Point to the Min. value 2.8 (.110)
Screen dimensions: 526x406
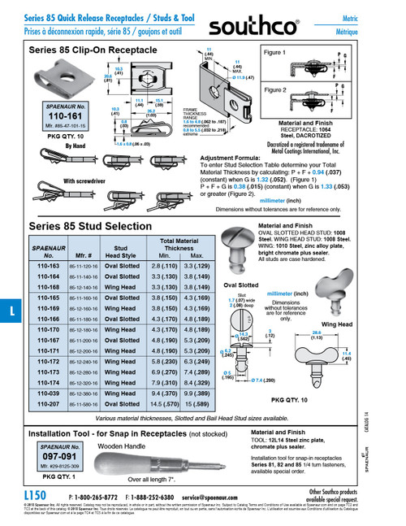coord(160,266)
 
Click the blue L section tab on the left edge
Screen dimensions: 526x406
coord(7,311)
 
